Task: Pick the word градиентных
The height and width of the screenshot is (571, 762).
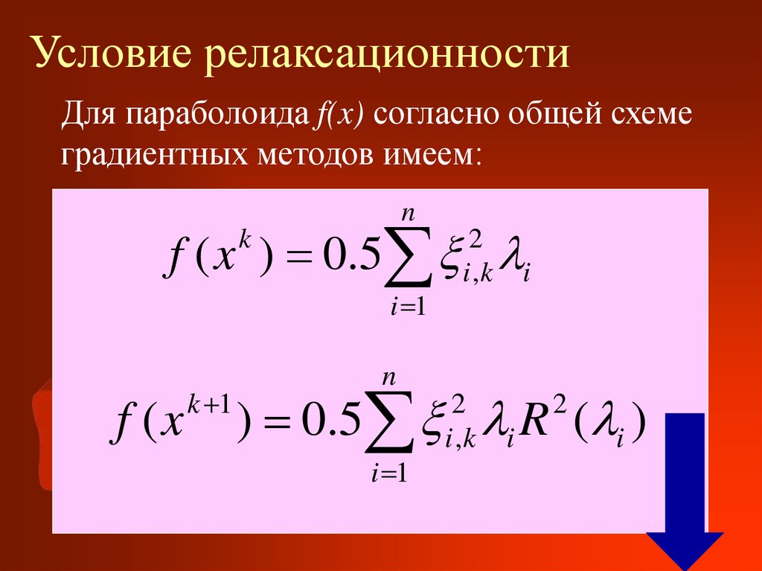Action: [154, 156]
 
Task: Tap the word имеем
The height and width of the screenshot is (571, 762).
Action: [431, 156]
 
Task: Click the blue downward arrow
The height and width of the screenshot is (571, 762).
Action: [684, 491]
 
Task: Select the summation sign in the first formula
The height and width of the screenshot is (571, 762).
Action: [408, 261]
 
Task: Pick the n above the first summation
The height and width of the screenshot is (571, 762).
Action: [408, 214]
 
